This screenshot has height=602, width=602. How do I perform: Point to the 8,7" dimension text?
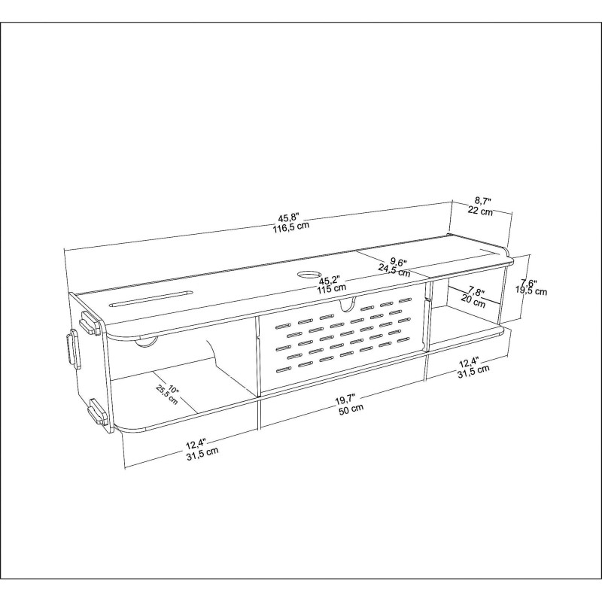tap(482, 202)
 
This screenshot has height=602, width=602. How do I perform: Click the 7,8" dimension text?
tap(476, 291)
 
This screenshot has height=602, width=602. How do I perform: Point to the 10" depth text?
tap(173, 390)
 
